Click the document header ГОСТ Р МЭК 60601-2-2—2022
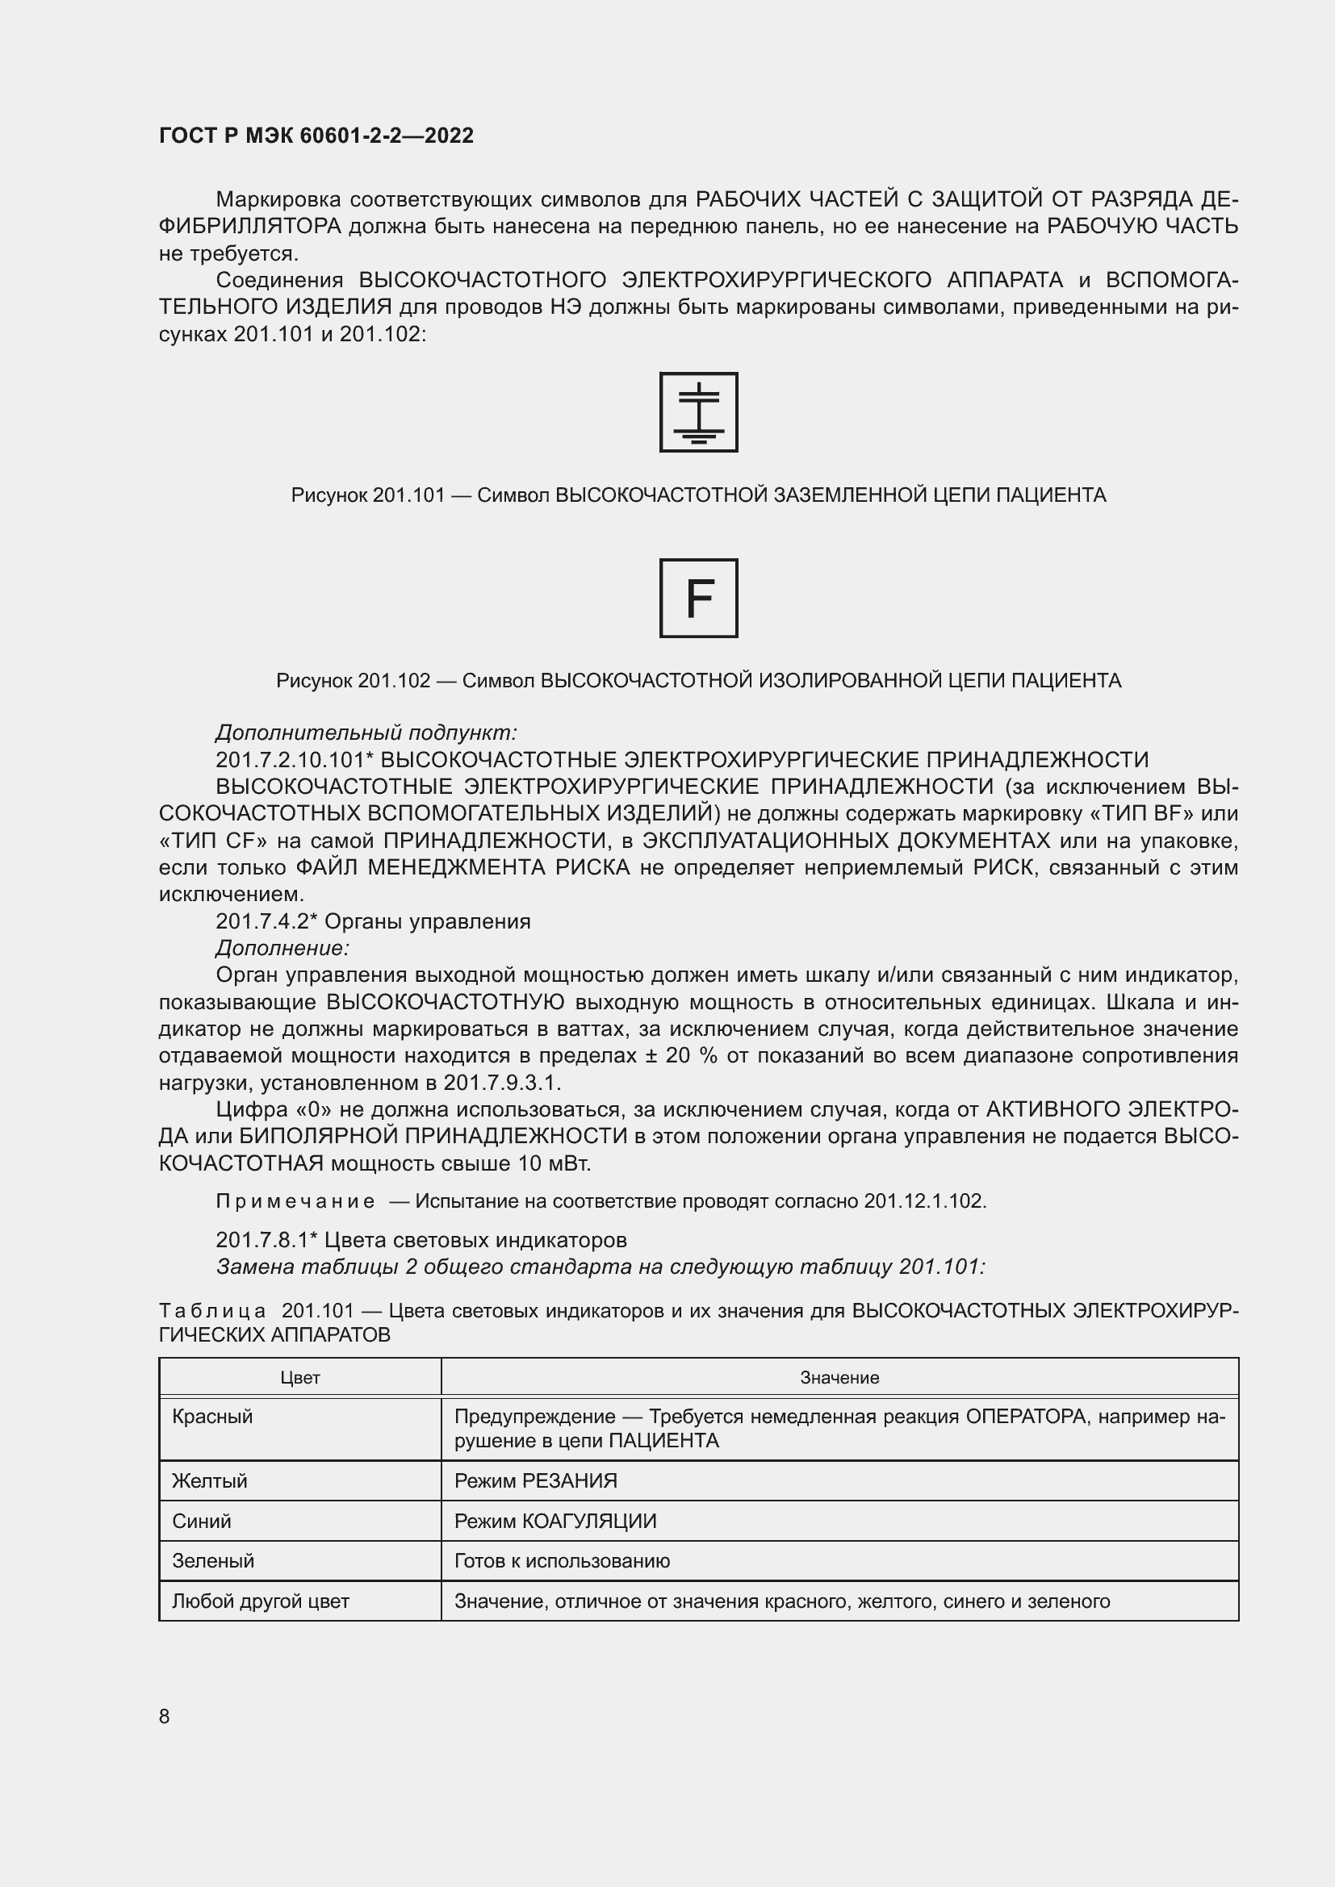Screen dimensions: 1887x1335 316,136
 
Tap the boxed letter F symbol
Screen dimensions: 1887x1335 698,599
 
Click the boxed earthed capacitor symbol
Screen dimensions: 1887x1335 698,412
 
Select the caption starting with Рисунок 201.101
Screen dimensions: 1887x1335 698,495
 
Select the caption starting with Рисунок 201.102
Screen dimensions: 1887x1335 698,681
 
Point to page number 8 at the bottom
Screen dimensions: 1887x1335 165,1716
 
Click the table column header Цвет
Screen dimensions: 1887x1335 300,1377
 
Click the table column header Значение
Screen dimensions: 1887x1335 839,1377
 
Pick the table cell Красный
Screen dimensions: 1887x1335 212,1416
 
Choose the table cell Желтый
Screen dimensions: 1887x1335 210,1481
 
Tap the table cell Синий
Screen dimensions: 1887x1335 202,1522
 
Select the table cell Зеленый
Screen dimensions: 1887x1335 213,1561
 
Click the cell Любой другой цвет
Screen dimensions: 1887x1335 261,1601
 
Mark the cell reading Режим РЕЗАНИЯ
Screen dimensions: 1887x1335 535,1481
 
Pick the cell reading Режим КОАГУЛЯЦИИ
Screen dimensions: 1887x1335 555,1522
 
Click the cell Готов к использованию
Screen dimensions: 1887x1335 562,1561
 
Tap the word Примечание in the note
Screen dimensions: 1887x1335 295,1201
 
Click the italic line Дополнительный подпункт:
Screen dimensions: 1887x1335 366,733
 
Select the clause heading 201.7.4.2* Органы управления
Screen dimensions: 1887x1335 373,921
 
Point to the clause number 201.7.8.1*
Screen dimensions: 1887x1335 266,1240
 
